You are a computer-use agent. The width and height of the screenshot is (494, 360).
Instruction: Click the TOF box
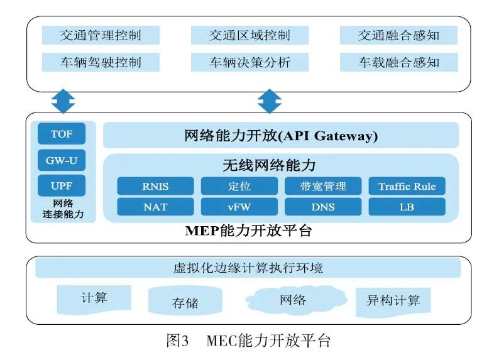click(62, 134)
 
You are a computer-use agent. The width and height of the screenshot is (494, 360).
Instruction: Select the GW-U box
click(62, 160)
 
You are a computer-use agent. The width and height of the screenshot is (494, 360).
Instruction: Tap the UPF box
click(62, 186)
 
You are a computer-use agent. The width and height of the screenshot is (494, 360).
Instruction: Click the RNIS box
click(155, 186)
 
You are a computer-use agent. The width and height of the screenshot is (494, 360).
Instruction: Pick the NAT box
click(155, 207)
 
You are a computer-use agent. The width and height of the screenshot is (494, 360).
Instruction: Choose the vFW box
click(239, 207)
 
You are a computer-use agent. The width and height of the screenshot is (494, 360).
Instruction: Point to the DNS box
click(323, 207)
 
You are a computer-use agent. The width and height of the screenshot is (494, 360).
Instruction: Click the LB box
click(407, 207)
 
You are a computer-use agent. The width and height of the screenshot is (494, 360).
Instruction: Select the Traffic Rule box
click(407, 186)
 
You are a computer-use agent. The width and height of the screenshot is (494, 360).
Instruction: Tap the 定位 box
click(239, 186)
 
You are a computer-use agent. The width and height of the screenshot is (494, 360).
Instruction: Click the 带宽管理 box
click(323, 186)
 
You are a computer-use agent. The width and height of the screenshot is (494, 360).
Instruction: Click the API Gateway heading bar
click(281, 135)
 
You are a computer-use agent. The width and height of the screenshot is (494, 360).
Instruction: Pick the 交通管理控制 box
click(101, 35)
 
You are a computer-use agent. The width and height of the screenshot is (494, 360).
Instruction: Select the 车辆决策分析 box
click(250, 62)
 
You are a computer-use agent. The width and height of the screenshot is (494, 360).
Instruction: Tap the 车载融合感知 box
click(398, 62)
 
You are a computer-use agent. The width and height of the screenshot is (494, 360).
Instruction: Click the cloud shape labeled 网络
click(293, 300)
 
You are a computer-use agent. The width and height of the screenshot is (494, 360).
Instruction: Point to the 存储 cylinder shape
click(185, 302)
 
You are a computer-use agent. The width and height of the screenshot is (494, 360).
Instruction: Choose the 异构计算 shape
click(393, 300)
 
